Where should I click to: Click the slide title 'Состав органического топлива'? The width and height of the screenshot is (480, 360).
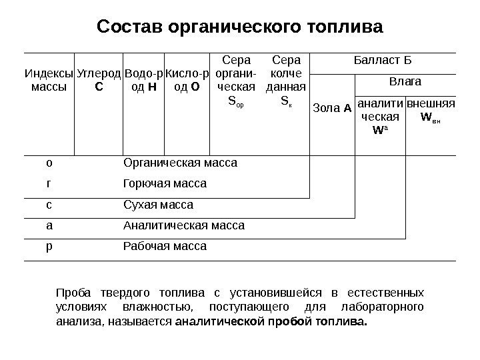(x=240, y=28)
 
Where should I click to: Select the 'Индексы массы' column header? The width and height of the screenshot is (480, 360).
(x=49, y=81)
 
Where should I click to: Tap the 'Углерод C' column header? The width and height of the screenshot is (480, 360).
(x=99, y=81)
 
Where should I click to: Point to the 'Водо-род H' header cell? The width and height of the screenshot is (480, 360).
(x=143, y=81)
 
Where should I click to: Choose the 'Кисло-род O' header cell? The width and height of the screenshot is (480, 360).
(x=187, y=81)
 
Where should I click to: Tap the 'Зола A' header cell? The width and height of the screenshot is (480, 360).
(x=333, y=108)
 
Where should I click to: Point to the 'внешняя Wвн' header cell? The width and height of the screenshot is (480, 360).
(x=430, y=109)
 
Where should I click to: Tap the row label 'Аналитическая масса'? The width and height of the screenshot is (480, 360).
(x=184, y=225)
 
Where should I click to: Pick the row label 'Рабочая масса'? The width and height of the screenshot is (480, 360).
(x=165, y=247)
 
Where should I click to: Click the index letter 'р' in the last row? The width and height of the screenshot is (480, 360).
(x=49, y=247)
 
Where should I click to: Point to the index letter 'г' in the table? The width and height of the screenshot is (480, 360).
(x=49, y=183)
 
